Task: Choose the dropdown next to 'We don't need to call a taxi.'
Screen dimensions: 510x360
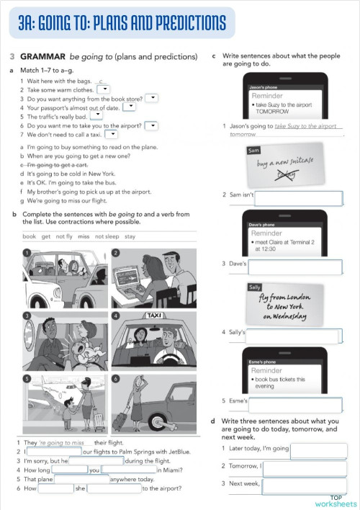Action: (x=112, y=133)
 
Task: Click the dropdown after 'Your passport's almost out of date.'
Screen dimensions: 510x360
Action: (x=129, y=107)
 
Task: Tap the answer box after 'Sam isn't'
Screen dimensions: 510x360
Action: (x=298, y=198)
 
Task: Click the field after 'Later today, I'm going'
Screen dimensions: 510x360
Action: (x=318, y=450)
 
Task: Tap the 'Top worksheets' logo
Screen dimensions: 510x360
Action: (x=336, y=501)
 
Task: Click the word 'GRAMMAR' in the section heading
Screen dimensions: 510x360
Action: (x=42, y=56)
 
